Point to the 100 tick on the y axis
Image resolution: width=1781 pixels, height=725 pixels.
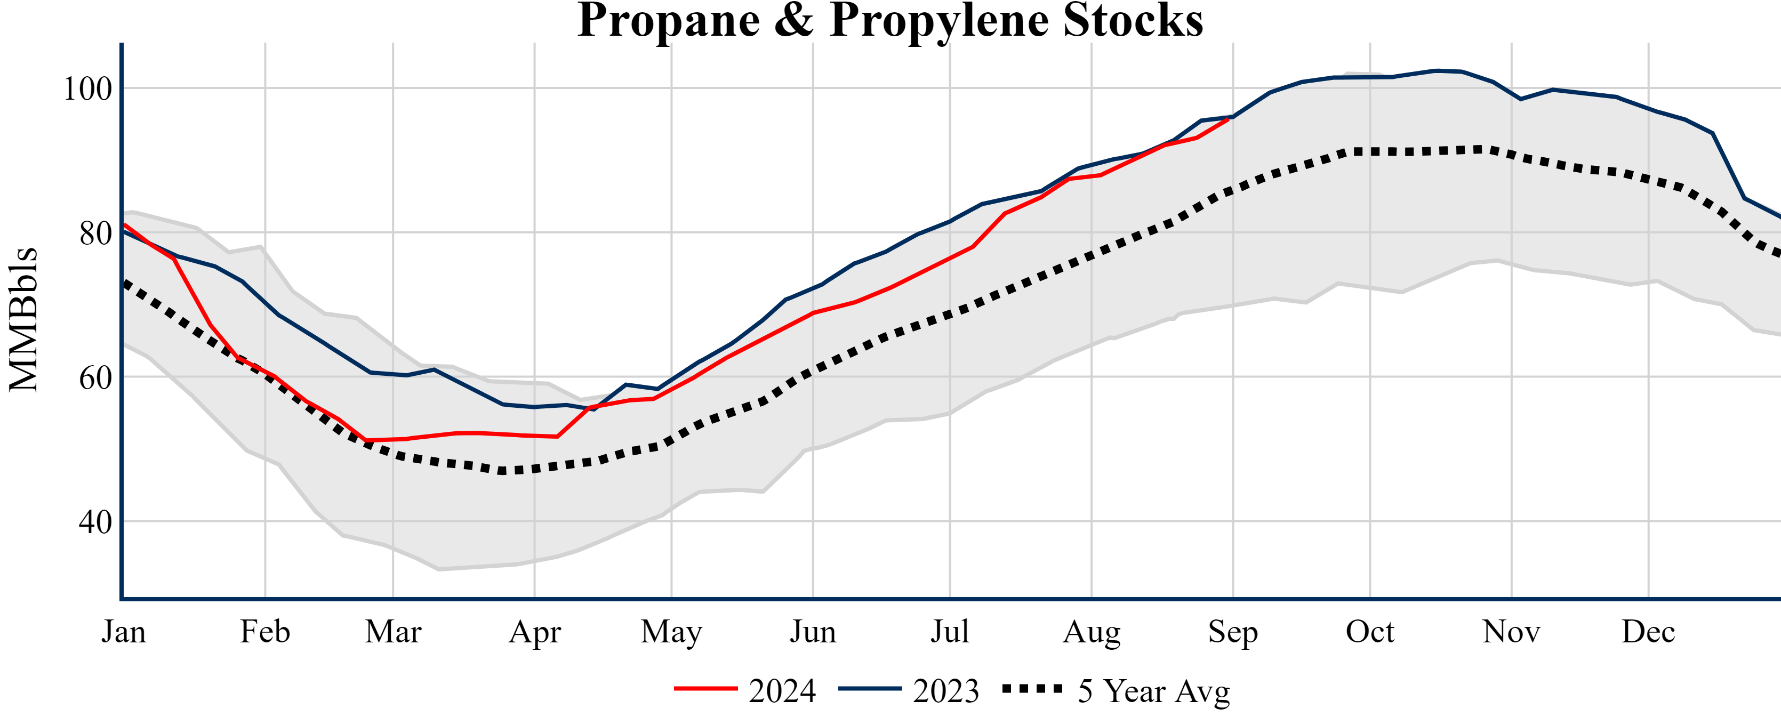point(88,89)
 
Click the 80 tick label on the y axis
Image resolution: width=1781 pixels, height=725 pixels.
point(95,233)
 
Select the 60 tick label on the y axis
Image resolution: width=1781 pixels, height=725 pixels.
point(95,378)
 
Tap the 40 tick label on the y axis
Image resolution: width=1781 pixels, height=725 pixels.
point(95,522)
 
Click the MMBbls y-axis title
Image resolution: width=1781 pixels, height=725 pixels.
point(23,319)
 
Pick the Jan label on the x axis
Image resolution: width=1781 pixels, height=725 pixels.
point(124,632)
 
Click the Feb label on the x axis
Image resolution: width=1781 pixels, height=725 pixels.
point(265,632)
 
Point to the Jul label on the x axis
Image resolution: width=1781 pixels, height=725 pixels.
point(950,632)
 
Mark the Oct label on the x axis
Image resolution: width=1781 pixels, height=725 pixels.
point(1370,632)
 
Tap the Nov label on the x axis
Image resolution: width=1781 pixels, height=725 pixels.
point(1511,632)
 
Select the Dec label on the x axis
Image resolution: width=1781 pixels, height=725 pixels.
point(1648,632)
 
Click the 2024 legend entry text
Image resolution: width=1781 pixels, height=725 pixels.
point(782,691)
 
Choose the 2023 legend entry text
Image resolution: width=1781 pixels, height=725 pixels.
point(946,691)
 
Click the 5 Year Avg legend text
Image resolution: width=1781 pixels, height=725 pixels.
point(1154,691)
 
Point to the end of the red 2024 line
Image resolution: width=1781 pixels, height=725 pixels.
point(1228,119)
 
